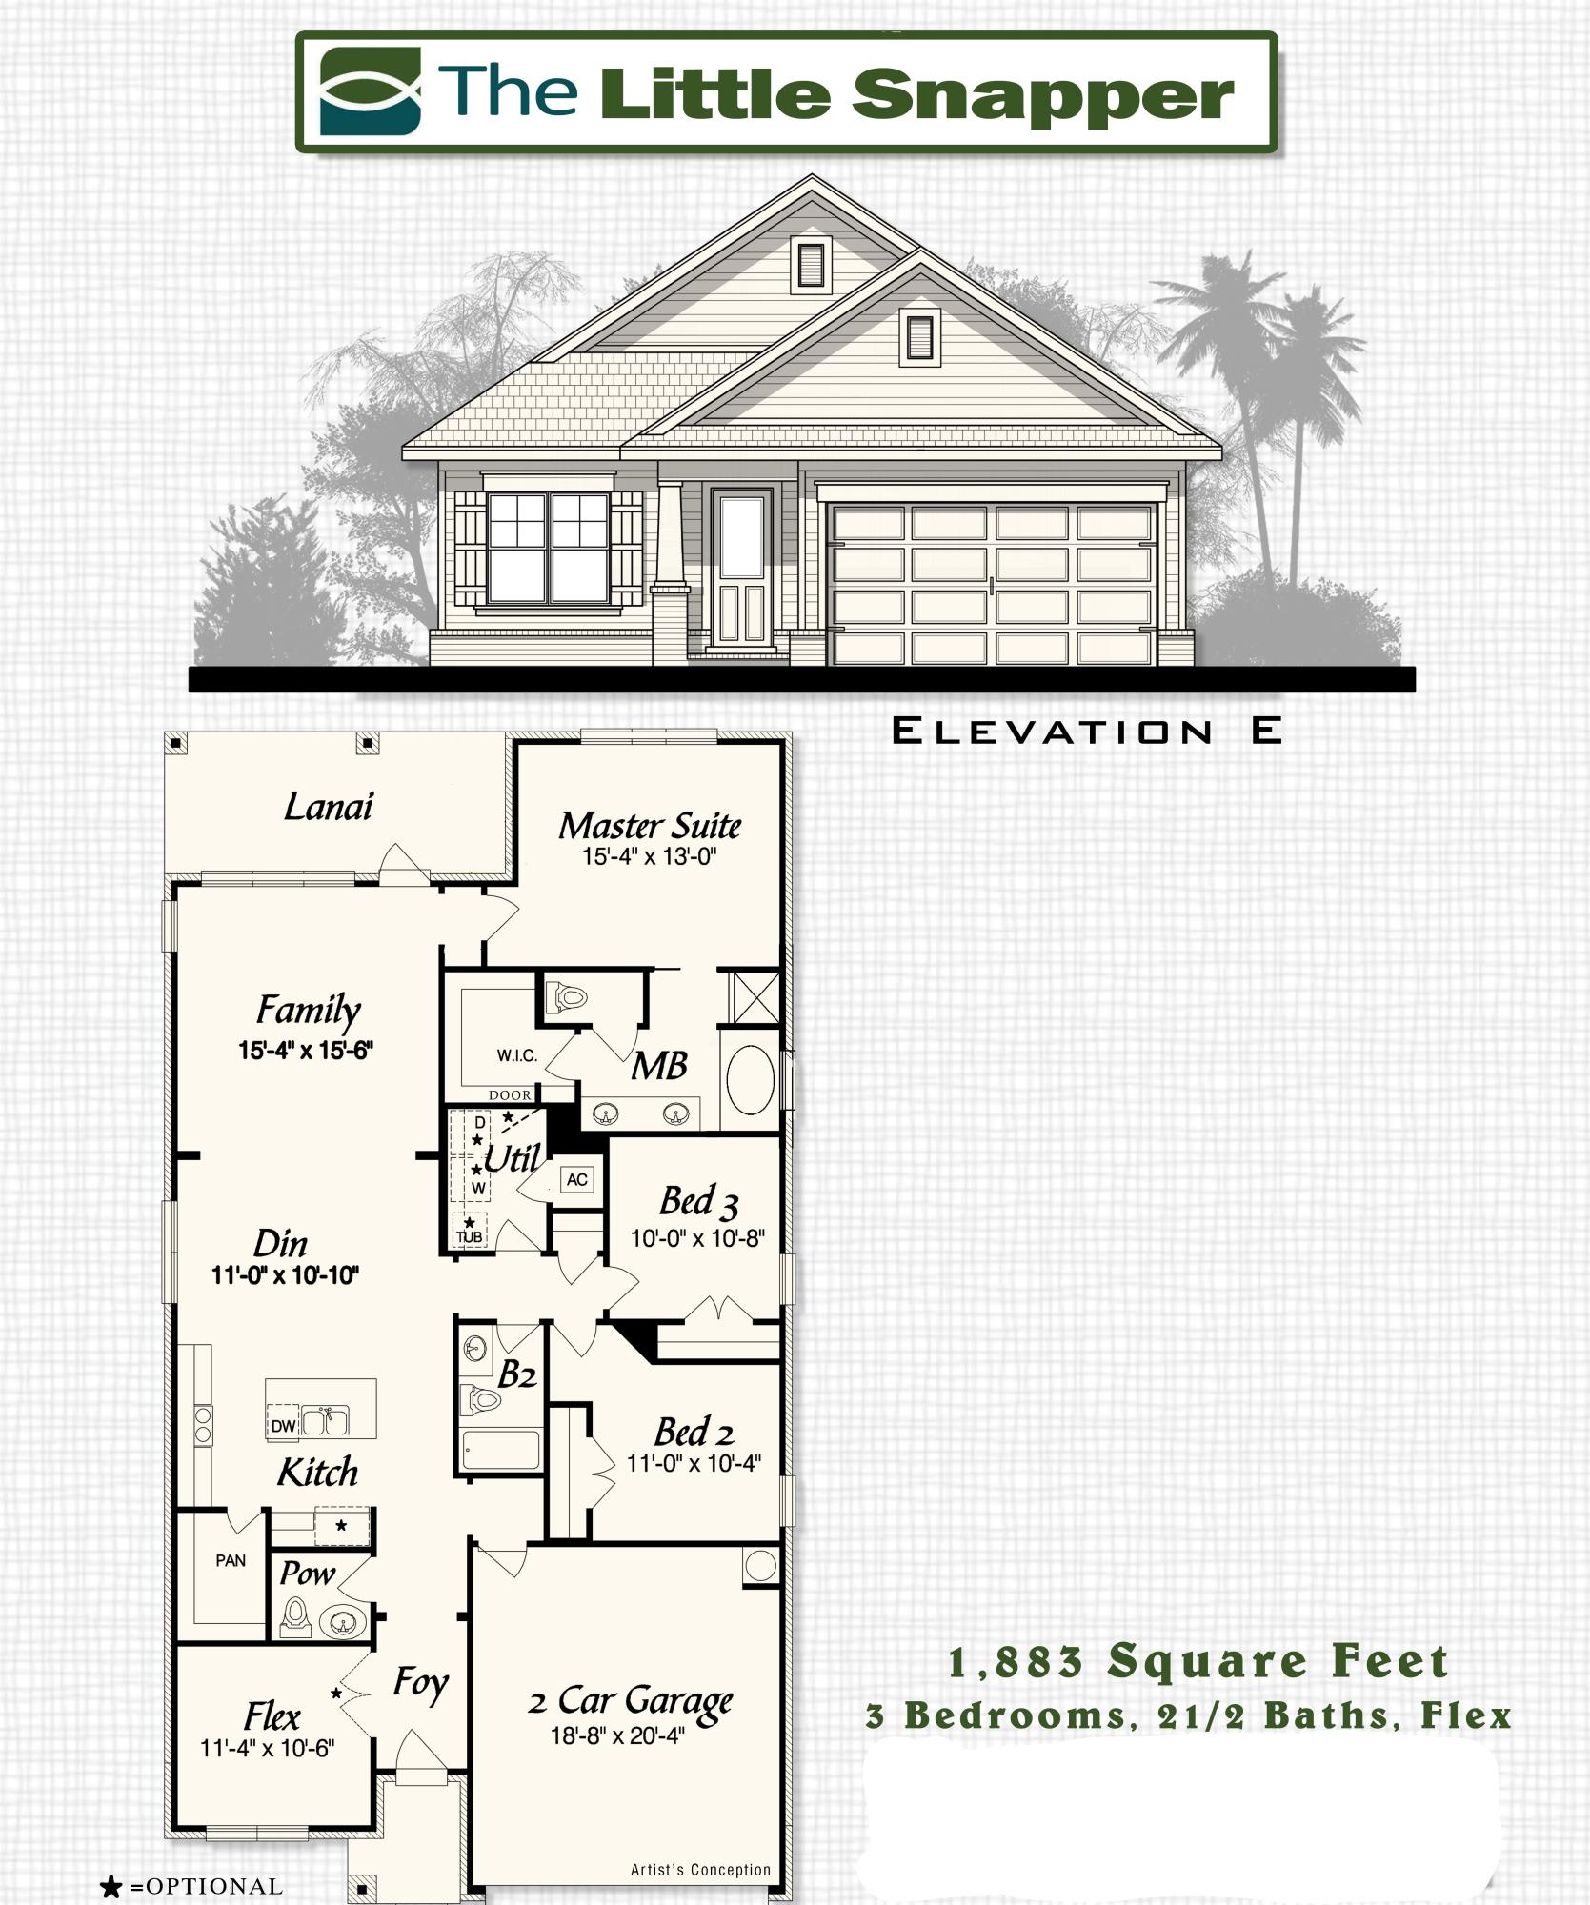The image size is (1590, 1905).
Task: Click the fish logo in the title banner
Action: click(370, 91)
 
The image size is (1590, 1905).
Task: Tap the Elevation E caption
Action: click(1086, 732)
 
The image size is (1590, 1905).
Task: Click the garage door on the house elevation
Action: click(993, 583)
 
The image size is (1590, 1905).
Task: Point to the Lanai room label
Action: click(329, 808)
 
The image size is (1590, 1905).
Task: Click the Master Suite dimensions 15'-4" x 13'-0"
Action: click(649, 856)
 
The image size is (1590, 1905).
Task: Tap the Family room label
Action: click(308, 1010)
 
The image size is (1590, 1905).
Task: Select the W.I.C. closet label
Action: click(516, 1055)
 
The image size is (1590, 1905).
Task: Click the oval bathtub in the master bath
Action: click(751, 1079)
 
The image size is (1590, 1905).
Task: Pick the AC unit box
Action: click(576, 1179)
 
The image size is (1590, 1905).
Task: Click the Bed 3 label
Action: click(698, 1202)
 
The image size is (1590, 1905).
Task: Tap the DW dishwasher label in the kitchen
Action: click(283, 1426)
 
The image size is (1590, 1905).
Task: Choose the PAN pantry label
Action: click(231, 1560)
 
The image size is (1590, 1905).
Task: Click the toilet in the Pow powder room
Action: click(296, 1615)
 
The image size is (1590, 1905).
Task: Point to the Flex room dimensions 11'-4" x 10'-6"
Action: click(267, 1749)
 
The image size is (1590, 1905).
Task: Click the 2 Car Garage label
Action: click(630, 1701)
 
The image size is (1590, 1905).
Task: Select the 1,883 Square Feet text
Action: click(1198, 1663)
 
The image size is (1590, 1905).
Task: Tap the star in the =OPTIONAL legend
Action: click(111, 1887)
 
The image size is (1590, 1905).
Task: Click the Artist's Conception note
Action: click(700, 1870)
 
